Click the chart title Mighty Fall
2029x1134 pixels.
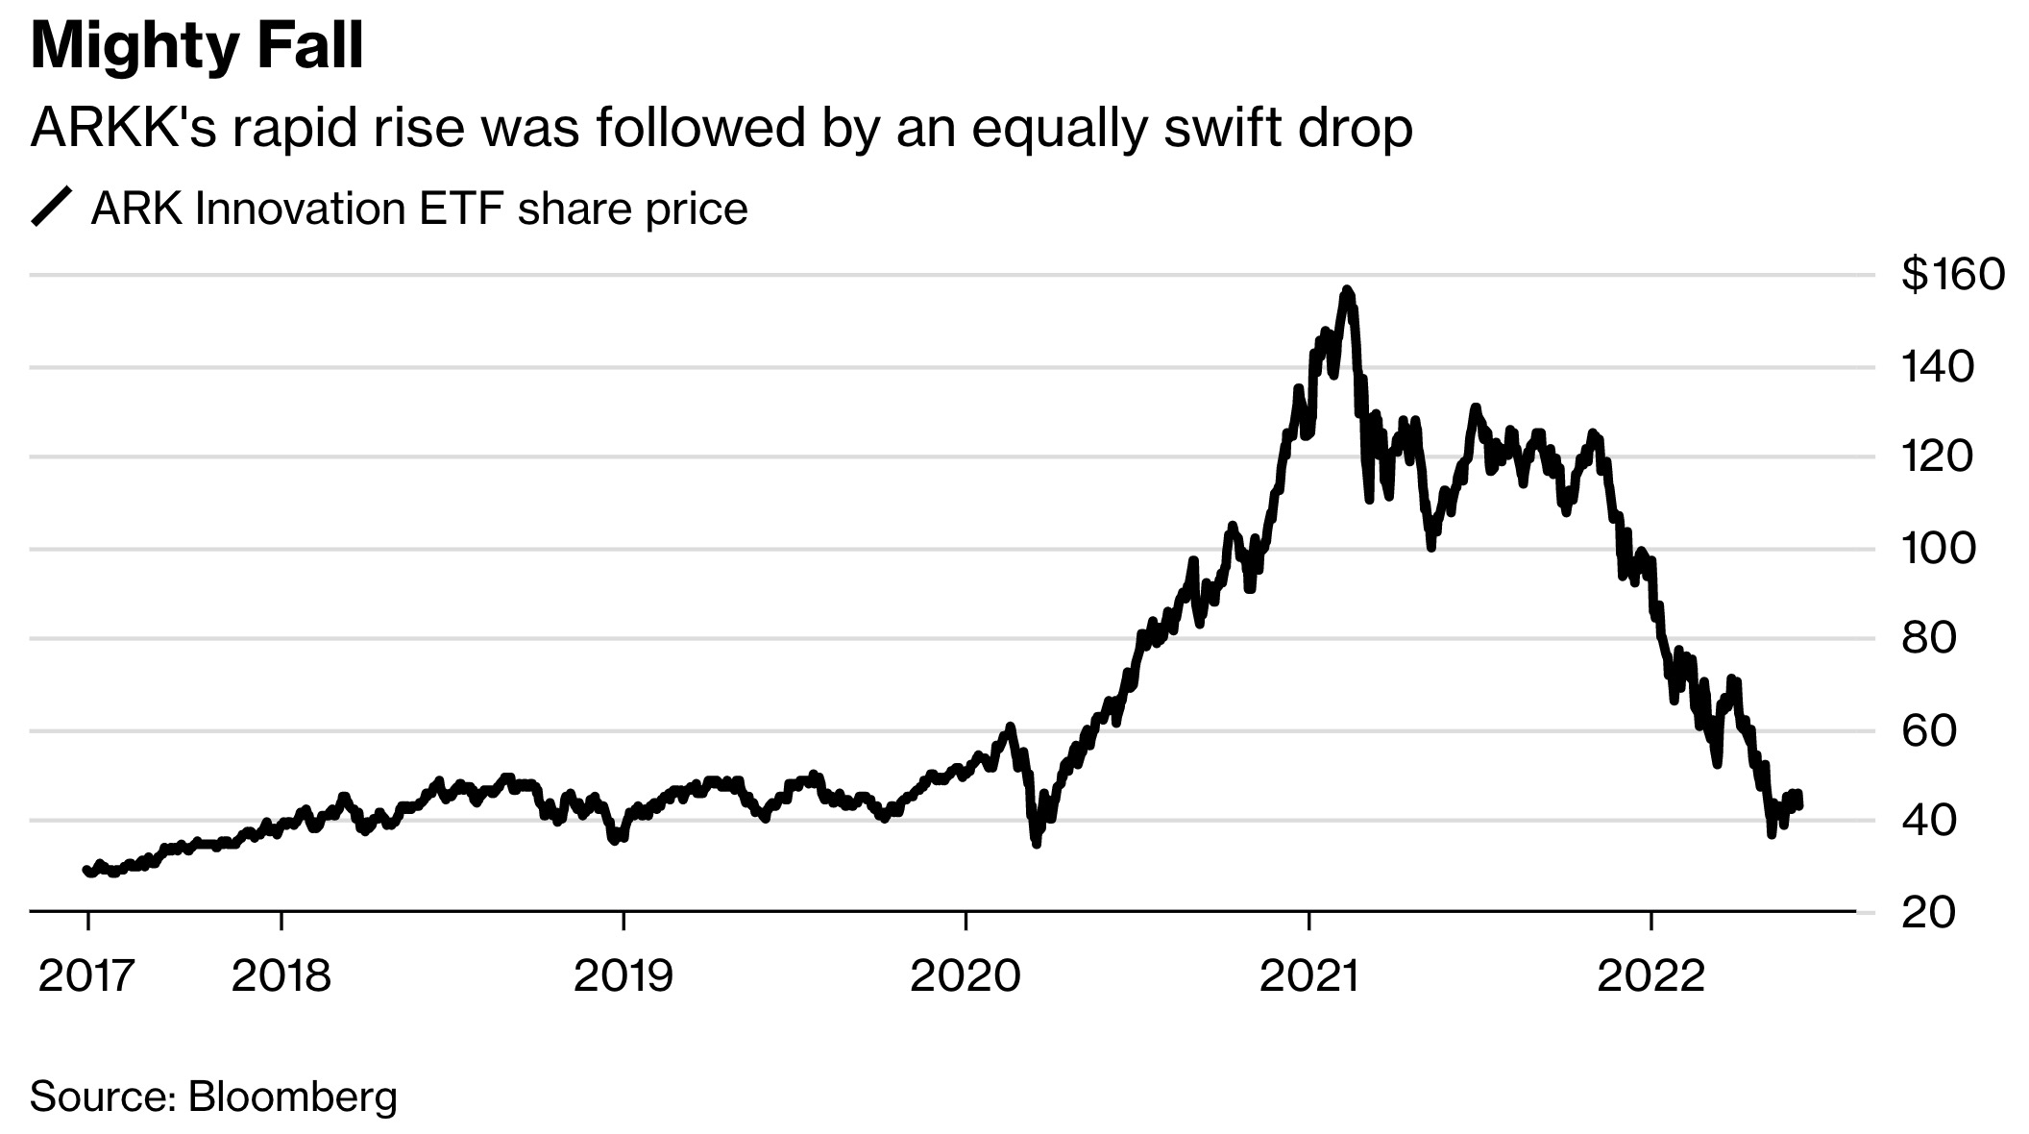pyautogui.click(x=197, y=46)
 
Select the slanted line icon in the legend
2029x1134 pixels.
pyautogui.click(x=52, y=208)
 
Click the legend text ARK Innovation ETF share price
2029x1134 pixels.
pyautogui.click(x=419, y=209)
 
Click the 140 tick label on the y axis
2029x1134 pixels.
pyautogui.click(x=1938, y=366)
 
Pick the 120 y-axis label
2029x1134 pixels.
pyautogui.click(x=1938, y=456)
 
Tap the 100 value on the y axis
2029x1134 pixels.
pyautogui.click(x=1938, y=549)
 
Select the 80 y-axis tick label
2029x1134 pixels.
pyautogui.click(x=1928, y=638)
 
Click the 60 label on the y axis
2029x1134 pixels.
pyautogui.click(x=1928, y=730)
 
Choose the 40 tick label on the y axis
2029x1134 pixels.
pyautogui.click(x=1928, y=821)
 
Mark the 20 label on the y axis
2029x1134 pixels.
pyautogui.click(x=1928, y=912)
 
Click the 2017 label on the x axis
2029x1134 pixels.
pyautogui.click(x=86, y=976)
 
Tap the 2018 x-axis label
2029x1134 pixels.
pyautogui.click(x=281, y=976)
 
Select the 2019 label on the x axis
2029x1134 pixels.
pyautogui.click(x=623, y=976)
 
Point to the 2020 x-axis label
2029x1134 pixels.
pyautogui.click(x=965, y=976)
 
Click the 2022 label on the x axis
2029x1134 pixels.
pyautogui.click(x=1650, y=976)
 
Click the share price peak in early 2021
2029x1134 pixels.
pyautogui.click(x=1348, y=289)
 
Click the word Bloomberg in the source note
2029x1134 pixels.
pyautogui.click(x=292, y=1097)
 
